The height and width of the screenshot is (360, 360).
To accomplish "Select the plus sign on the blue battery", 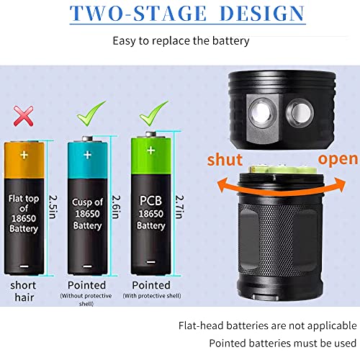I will coord(88,154).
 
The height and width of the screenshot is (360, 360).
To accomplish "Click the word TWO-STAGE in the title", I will coord(127,14).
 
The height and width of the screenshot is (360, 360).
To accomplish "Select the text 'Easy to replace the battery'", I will coord(181,40).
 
